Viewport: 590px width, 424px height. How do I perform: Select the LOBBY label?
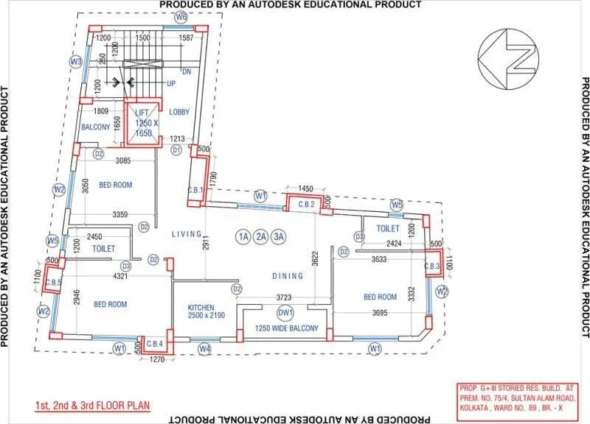[179, 112]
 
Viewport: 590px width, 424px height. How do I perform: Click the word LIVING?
[187, 234]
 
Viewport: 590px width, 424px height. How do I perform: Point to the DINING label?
[288, 276]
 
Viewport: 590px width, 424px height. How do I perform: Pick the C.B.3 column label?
[432, 266]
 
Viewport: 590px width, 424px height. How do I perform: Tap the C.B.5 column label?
[52, 281]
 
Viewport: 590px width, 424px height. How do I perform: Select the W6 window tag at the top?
[181, 16]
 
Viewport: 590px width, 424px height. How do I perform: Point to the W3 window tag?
[75, 62]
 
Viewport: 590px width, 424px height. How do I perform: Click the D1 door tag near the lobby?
[176, 149]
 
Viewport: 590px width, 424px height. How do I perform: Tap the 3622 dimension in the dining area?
[315, 258]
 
